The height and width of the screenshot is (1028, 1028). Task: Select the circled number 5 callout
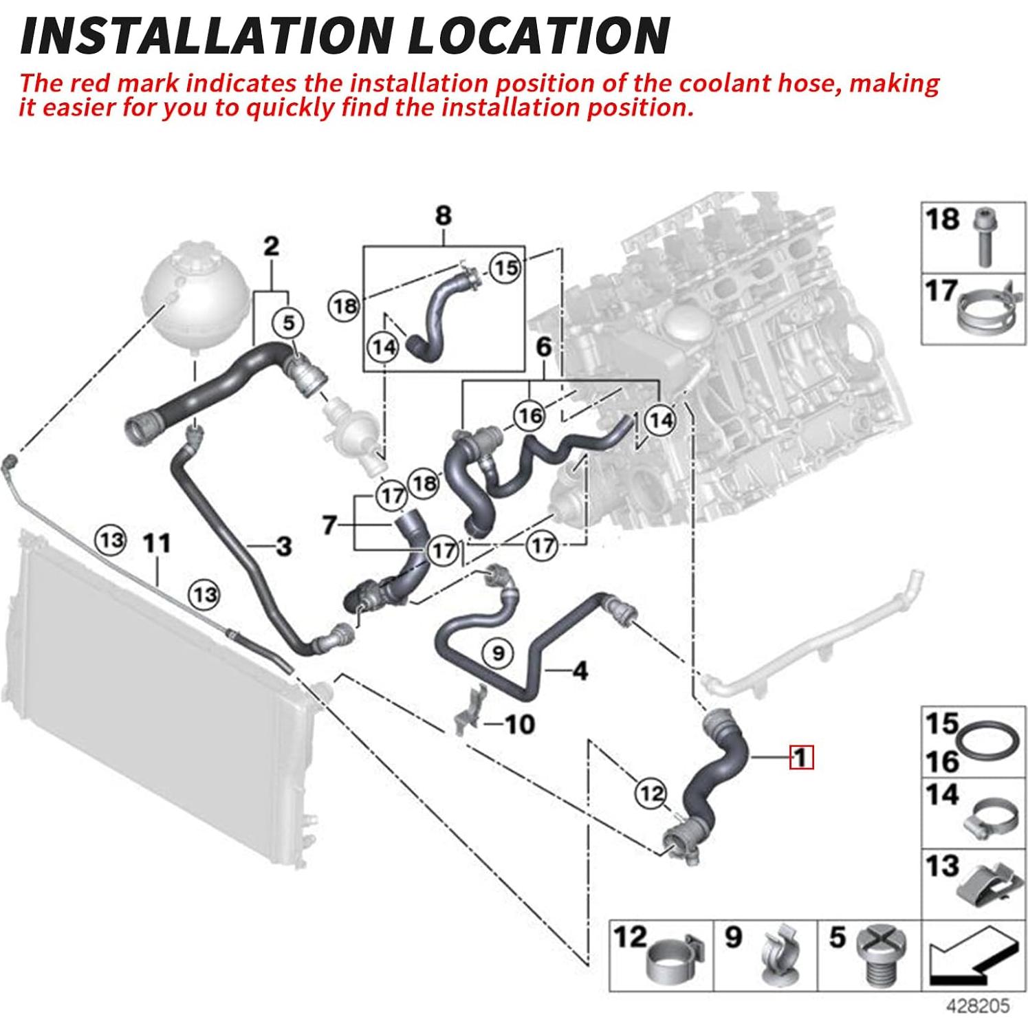point(288,322)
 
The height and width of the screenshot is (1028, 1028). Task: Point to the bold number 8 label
point(444,215)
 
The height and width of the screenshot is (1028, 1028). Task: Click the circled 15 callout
point(506,267)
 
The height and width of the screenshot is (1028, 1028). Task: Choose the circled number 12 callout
point(650,794)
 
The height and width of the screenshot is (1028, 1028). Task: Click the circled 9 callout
point(499,651)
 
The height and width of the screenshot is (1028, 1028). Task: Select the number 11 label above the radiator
point(156,543)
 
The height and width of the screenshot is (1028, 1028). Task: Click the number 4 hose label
point(580,670)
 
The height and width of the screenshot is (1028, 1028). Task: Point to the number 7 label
point(330,526)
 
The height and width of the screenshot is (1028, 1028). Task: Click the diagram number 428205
point(978,1006)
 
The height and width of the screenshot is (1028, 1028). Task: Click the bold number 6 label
point(544,347)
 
